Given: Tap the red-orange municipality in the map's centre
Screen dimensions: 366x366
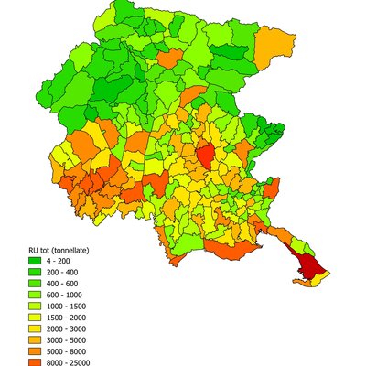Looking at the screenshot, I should pos(206,156).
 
